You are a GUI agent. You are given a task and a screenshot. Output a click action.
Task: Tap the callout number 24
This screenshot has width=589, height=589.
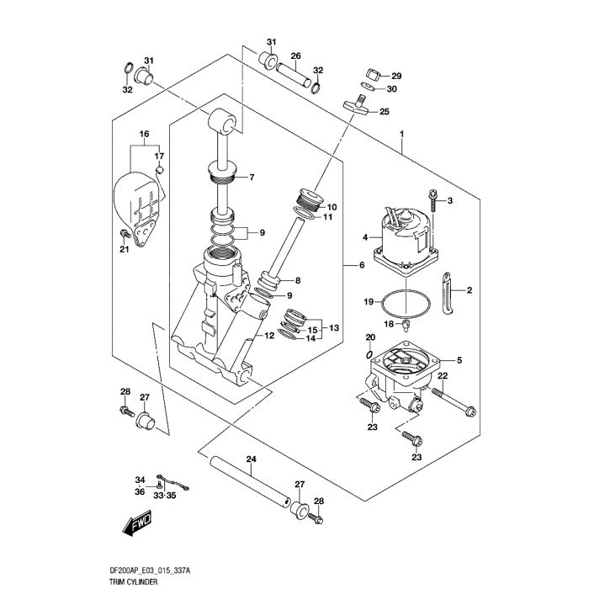(250, 459)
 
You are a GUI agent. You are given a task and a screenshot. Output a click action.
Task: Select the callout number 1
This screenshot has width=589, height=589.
(403, 135)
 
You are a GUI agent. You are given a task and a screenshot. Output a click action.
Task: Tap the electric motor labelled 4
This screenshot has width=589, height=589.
(408, 235)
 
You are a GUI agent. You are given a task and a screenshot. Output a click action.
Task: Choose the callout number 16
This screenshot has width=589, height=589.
(144, 135)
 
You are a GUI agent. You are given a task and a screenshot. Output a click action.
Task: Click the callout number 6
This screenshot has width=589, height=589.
(361, 266)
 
